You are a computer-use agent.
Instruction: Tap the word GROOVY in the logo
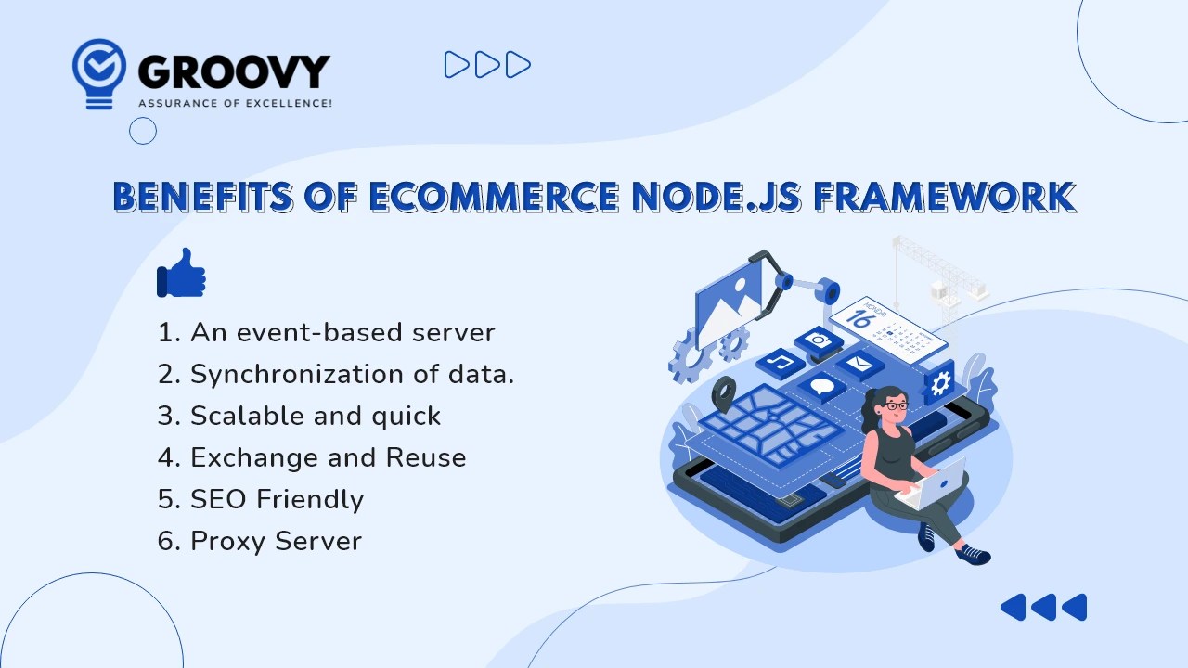233,72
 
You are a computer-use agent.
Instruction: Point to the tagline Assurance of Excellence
235,103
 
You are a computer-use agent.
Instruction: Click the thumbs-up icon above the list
181,273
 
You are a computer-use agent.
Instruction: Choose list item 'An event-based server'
327,332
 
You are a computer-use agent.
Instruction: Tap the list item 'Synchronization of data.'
336,374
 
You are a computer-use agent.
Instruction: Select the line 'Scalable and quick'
299,416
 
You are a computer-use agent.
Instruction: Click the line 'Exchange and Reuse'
312,457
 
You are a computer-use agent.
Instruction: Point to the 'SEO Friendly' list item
261,499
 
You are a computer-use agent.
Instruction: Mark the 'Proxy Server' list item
260,541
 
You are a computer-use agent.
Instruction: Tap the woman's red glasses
895,405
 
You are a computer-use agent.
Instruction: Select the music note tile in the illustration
779,362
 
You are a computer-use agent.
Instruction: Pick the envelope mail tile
859,363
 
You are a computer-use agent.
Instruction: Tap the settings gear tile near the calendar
939,382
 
